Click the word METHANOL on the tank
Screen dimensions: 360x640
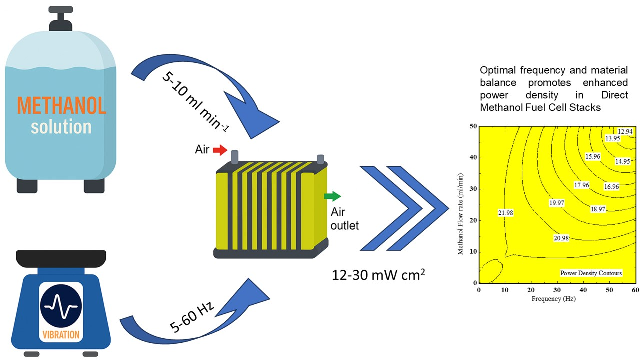[61, 105]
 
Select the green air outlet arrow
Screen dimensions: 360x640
[332, 196]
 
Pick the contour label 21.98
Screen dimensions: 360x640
[505, 213]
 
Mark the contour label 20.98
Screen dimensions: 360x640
[561, 238]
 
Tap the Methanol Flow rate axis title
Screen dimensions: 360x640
[461, 204]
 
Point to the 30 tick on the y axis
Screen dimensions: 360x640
[471, 189]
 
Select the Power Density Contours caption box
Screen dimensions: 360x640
[591, 273]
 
